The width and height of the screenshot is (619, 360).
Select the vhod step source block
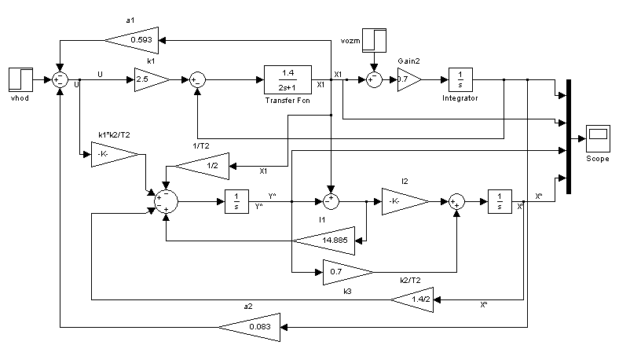click(x=20, y=79)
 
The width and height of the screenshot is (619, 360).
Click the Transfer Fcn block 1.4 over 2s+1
click(x=288, y=79)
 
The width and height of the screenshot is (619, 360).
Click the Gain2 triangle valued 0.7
click(x=408, y=79)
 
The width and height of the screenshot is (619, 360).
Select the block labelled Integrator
click(x=460, y=79)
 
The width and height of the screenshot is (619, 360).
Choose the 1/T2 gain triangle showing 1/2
click(x=203, y=166)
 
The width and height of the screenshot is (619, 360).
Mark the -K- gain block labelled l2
click(x=404, y=201)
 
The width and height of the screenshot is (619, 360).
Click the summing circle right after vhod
click(x=60, y=79)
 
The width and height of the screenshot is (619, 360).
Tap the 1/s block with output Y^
click(x=236, y=201)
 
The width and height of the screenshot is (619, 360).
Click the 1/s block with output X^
click(x=499, y=201)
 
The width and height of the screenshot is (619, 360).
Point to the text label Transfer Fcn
click(x=288, y=101)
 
